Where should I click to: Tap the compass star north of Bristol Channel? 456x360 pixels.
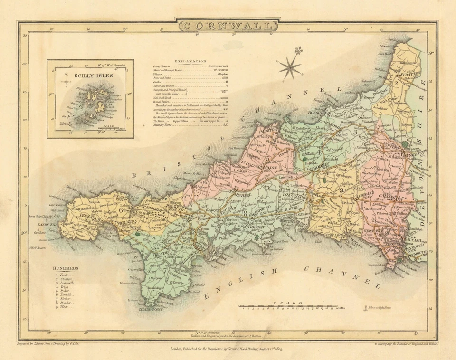pos(289,66)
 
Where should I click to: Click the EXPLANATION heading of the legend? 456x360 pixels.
pos(190,61)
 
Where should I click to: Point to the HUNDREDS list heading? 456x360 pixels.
pos(66,268)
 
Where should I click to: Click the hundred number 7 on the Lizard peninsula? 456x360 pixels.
pos(165,271)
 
